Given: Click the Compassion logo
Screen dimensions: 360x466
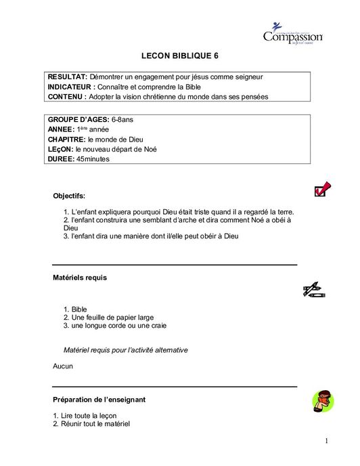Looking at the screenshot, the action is (292, 33).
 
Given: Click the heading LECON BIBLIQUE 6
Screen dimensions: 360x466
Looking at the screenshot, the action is (180, 57).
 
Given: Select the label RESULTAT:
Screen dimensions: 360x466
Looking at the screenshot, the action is (68, 77).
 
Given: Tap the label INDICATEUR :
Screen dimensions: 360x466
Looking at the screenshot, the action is (72, 87).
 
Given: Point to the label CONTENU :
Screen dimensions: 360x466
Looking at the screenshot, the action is (67, 97).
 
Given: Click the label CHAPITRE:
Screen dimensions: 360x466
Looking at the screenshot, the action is (66, 139).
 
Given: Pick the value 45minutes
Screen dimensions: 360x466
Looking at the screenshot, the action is (93, 159).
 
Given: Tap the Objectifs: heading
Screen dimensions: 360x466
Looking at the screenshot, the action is (69, 196).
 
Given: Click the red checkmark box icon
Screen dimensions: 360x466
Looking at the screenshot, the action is (322, 189).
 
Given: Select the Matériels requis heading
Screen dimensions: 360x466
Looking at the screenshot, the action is (80, 278).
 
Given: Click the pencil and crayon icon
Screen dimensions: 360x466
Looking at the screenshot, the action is (314, 291).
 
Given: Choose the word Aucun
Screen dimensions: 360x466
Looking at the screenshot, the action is (63, 366).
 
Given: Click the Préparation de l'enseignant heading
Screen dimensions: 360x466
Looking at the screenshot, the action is (99, 400).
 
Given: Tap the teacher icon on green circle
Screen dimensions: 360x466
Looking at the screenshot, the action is (323, 402).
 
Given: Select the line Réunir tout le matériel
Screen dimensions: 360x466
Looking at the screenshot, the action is (95, 424).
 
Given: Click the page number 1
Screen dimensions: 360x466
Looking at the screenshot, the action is (325, 442).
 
